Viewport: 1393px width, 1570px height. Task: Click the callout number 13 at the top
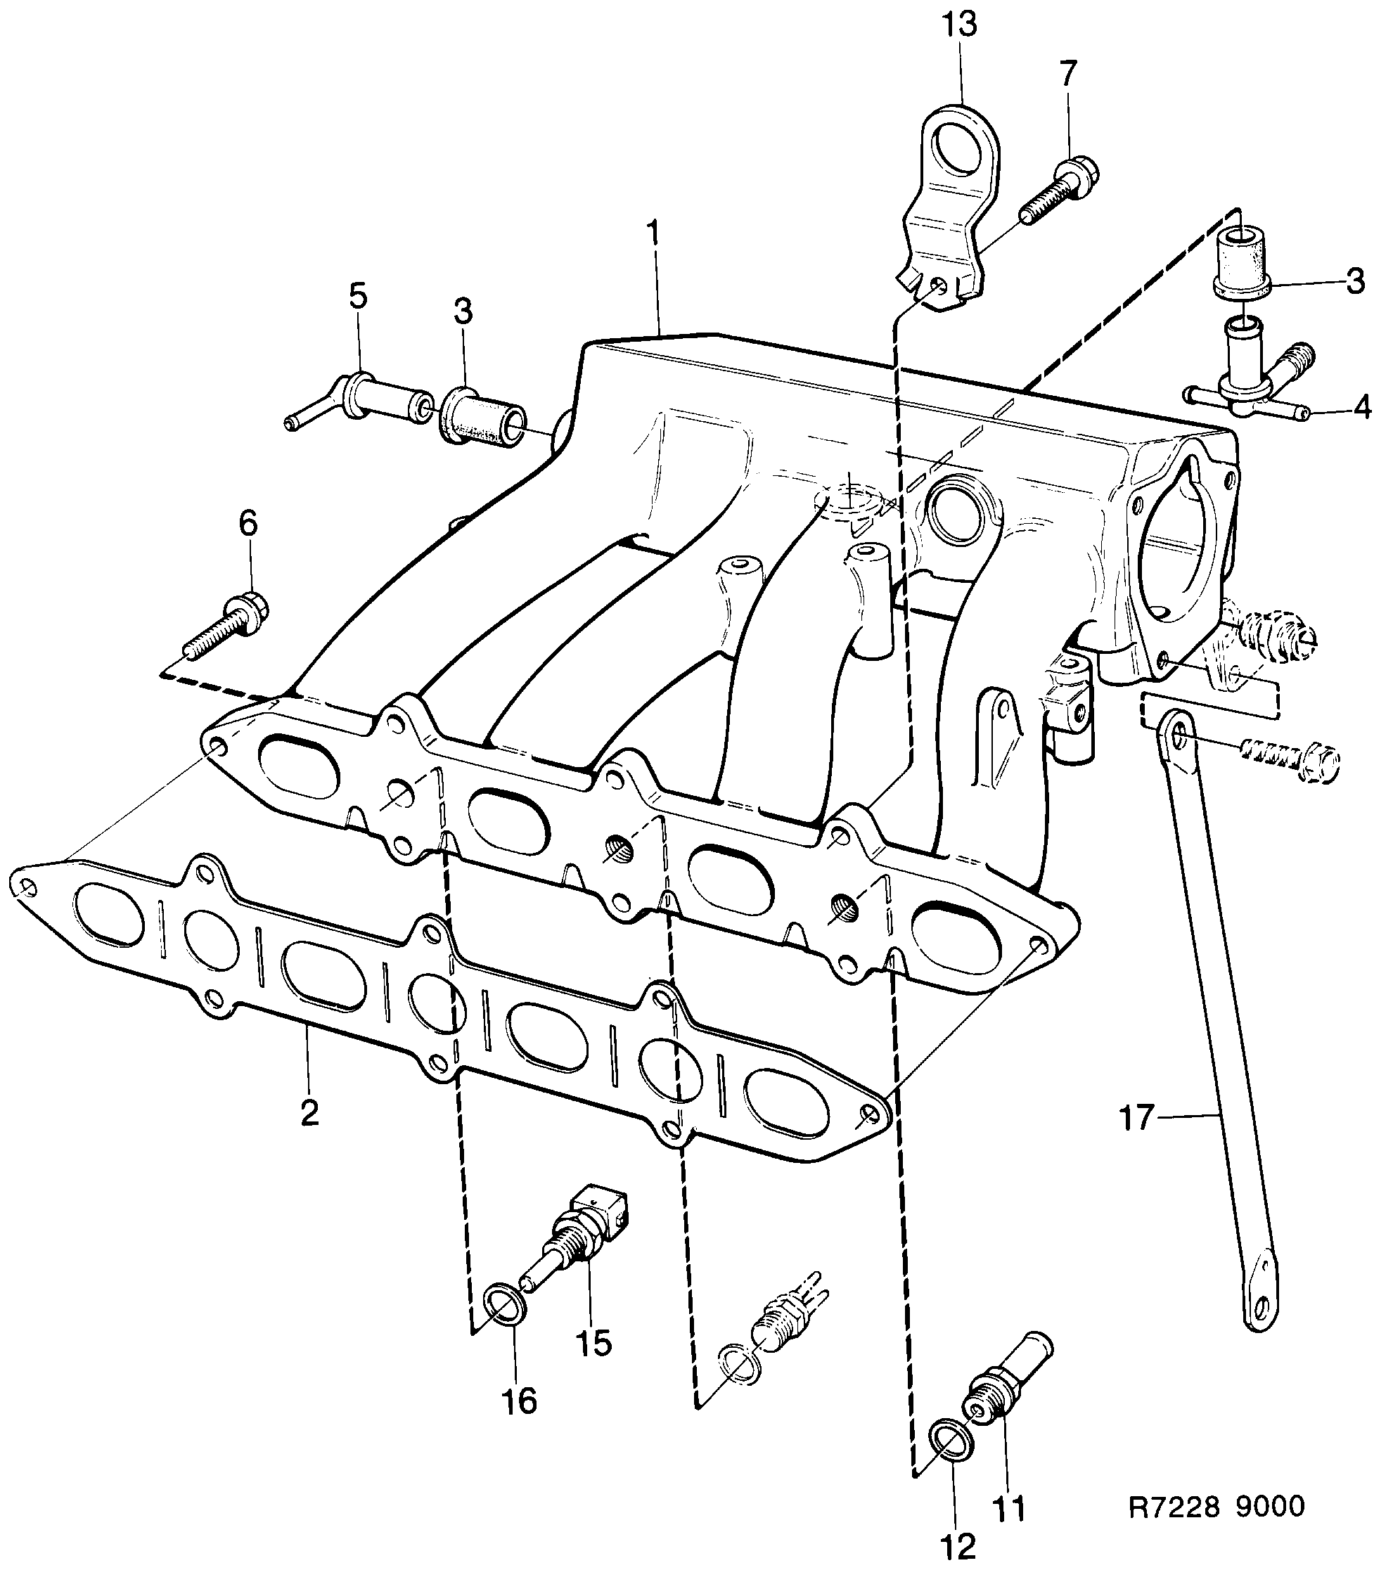(x=961, y=25)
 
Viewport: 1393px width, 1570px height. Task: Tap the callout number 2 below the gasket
(x=309, y=1113)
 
